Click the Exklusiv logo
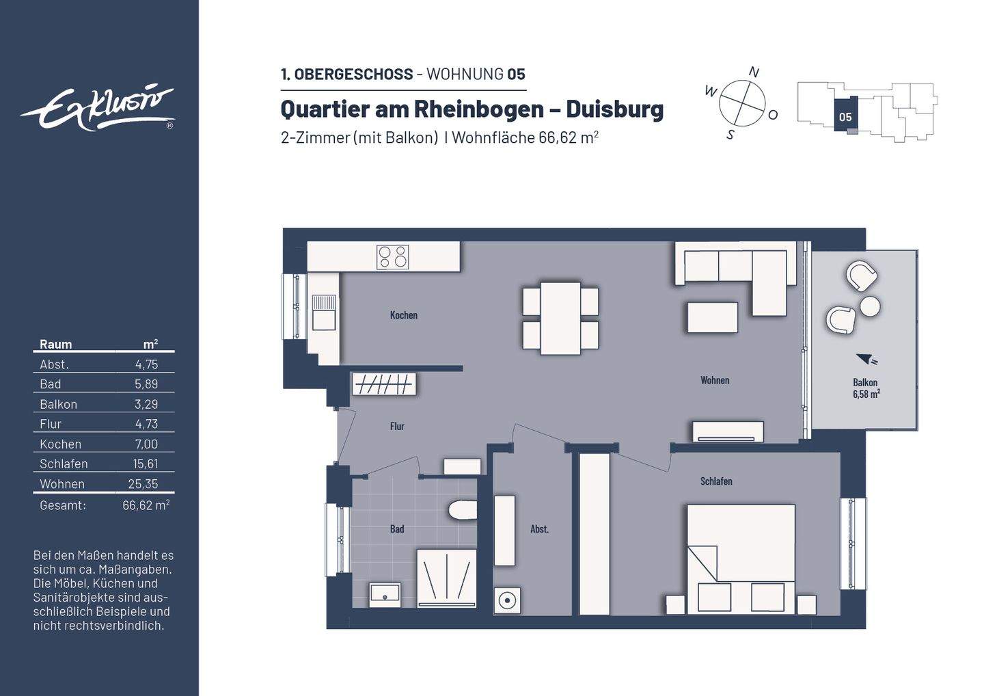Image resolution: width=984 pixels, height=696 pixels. [x=97, y=109]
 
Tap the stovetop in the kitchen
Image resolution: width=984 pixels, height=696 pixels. [x=393, y=257]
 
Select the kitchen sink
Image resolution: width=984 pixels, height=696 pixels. [x=324, y=312]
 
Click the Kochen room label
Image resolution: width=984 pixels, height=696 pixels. [x=403, y=315]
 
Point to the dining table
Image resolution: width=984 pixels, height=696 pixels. [x=560, y=318]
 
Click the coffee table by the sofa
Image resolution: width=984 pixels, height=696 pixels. [x=712, y=317]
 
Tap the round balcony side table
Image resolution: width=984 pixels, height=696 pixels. [x=870, y=306]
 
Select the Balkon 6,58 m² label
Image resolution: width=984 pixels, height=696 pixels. [x=865, y=388]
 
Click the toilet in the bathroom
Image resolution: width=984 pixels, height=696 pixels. [x=463, y=511]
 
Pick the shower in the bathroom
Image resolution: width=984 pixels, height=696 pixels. [x=446, y=578]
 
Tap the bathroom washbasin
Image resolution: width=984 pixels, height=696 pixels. [x=385, y=594]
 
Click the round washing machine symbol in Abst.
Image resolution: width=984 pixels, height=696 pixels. [x=507, y=601]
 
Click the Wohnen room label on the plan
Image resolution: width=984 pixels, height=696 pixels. [x=714, y=380]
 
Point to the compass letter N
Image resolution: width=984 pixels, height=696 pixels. [x=754, y=72]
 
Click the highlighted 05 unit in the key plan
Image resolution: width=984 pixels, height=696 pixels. [x=845, y=117]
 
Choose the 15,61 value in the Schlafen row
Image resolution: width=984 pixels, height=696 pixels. [x=146, y=464]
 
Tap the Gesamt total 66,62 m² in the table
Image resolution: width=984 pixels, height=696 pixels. [x=146, y=505]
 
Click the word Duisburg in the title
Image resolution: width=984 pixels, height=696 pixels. [x=615, y=109]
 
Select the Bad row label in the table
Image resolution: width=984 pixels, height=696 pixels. [x=51, y=384]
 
